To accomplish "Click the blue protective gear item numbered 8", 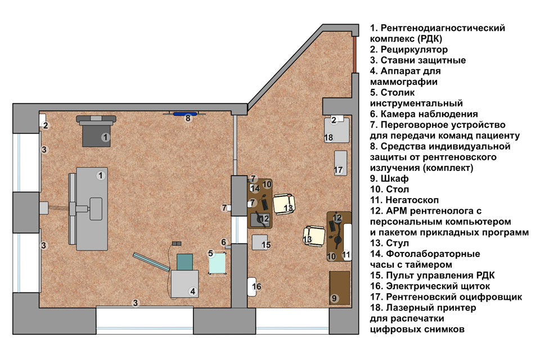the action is [x=184, y=114].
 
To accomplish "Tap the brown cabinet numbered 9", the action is [x=340, y=287].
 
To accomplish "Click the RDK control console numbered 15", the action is [x=260, y=242].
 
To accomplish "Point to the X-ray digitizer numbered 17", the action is [x=341, y=163].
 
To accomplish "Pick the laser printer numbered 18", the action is [x=337, y=130].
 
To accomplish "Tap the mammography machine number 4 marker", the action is [x=193, y=291].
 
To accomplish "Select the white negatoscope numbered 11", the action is [x=347, y=242].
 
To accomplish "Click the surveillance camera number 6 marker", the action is [x=223, y=242].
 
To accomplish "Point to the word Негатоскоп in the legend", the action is [x=412, y=200].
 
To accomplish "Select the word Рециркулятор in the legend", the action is [x=414, y=49].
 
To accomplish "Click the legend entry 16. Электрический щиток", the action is [x=430, y=286].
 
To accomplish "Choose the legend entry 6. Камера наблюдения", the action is [x=424, y=114].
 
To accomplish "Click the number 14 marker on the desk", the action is [x=255, y=188].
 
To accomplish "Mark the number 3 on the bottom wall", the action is [x=136, y=303].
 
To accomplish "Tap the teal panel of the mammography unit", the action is [x=184, y=262].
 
